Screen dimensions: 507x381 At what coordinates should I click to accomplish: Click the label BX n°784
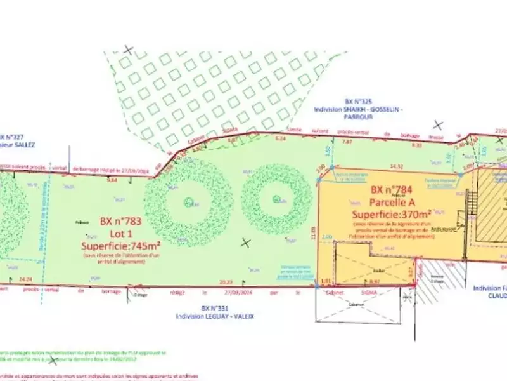point(392,189)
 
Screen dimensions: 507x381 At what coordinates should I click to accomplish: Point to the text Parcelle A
point(392,201)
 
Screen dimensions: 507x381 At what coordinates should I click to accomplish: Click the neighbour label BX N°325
point(357,102)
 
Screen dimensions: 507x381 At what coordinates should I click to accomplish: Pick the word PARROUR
point(357,117)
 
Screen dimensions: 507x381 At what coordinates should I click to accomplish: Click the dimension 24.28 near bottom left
point(26,278)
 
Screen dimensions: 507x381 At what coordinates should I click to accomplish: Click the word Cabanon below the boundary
point(357,304)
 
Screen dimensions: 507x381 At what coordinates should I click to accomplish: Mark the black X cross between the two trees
point(246,242)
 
